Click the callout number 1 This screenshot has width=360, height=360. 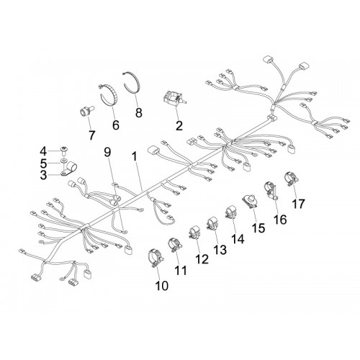pos(135,156)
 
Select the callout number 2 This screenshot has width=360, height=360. pos(179,125)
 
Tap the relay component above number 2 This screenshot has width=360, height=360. pos(175,99)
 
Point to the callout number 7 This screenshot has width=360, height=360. pos(91,135)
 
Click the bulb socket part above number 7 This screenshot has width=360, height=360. pos(86,111)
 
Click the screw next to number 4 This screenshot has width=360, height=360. pos(63,150)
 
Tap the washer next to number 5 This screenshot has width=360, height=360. pos(64,160)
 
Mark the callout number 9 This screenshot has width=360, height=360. pos(108,152)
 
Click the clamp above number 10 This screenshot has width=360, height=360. pos(156,258)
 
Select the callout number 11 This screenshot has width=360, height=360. pos(181,271)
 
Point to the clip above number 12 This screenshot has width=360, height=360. pos(194,233)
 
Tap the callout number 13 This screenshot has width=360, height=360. pos(220,250)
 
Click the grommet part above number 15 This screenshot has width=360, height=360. pos(251,201)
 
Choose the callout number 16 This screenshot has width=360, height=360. pos(280,220)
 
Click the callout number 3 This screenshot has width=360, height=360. pos(43,175)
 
